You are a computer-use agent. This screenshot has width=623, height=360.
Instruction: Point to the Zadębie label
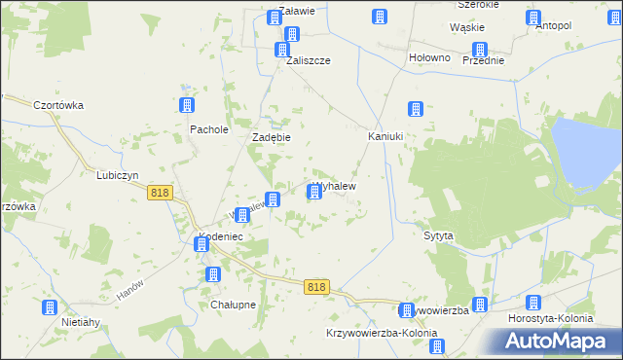tap(273, 138)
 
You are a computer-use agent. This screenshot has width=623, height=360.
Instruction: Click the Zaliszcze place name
tap(309, 60)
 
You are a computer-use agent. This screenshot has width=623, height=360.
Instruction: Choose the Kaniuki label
tap(385, 136)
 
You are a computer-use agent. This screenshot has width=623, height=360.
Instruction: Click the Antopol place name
tap(553, 26)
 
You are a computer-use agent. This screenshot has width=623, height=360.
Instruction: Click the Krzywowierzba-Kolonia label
tap(382, 333)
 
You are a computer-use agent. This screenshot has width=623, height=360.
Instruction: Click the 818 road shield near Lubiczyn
tap(161, 194)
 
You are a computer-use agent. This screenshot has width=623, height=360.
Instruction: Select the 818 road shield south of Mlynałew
tap(316, 287)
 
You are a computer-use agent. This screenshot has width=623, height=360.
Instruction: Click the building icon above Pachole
tap(188, 106)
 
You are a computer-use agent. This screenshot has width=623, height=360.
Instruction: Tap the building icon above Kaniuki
tap(416, 110)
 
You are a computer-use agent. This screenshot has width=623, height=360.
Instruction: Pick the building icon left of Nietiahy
tap(50, 308)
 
